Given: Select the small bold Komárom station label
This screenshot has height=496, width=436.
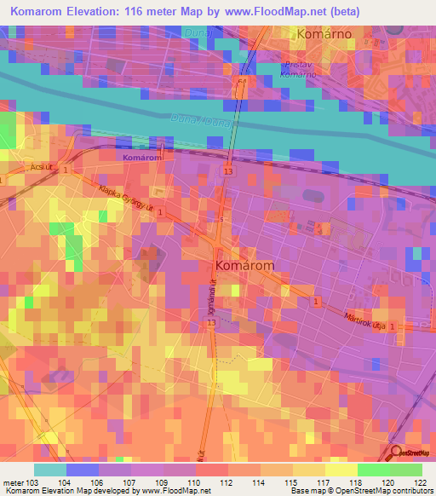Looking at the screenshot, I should click(142, 158).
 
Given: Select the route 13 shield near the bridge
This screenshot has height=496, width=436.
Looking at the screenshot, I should click(227, 171).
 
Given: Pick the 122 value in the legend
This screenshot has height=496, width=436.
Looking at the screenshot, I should click(416, 482).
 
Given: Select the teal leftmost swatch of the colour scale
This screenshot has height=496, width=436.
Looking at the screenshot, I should click(50, 470).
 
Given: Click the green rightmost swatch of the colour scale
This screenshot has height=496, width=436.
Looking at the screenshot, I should click(405, 470).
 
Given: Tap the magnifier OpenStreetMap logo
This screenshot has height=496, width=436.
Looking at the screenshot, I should click(397, 453).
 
